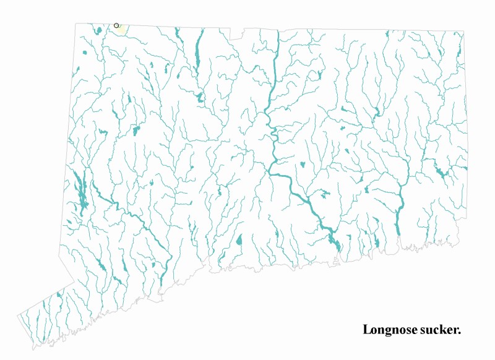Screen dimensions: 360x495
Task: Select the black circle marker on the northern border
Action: [x=116, y=25]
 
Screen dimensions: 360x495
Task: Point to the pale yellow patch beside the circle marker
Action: [x=121, y=29]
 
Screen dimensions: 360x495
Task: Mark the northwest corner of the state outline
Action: [x=76, y=24]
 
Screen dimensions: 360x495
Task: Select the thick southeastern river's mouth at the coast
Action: [x=397, y=234]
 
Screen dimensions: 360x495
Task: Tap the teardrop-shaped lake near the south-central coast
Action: [x=239, y=239]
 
